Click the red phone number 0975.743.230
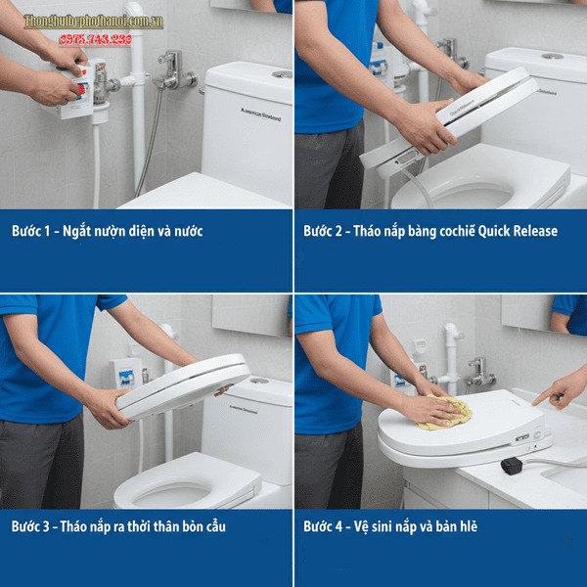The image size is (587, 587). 95,39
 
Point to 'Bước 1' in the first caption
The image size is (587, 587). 31,232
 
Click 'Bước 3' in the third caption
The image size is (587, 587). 31,526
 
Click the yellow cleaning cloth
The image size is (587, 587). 445,413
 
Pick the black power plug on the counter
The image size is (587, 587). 511,466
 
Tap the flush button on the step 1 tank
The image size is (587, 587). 282,73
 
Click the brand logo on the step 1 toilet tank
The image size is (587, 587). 260,114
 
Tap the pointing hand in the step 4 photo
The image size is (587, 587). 561,391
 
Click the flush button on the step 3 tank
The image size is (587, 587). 259,381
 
